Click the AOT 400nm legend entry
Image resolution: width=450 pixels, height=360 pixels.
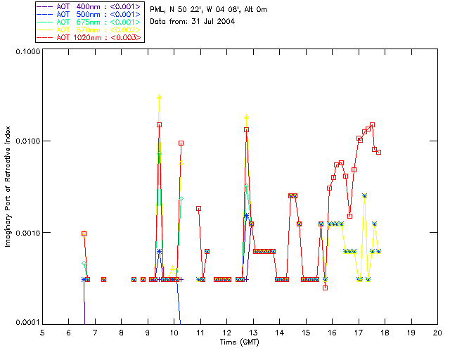(89, 6)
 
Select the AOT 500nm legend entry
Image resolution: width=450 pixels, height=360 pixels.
(89, 14)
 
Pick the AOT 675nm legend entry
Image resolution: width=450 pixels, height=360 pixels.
(89, 22)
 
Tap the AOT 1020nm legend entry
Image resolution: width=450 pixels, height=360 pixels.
(89, 37)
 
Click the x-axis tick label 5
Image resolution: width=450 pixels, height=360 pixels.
(42, 333)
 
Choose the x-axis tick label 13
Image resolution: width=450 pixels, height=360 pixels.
(253, 333)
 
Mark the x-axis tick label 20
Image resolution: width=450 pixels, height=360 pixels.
(437, 333)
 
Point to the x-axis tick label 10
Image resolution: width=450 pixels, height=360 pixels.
(174, 333)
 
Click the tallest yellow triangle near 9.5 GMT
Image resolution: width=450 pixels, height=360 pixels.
(160, 97)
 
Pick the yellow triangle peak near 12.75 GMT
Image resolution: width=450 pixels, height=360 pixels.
(246, 117)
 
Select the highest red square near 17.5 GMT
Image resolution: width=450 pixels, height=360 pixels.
(372, 124)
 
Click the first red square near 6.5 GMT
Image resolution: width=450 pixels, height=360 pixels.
(84, 233)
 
